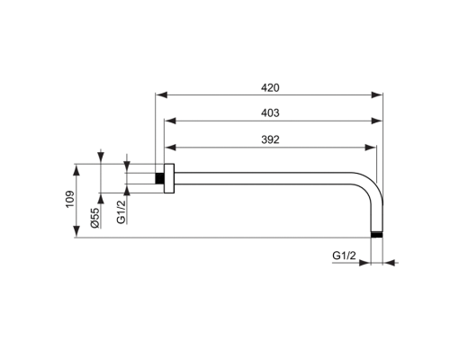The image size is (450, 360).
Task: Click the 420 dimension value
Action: coord(271,87)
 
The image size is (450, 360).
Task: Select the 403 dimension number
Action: coord(271,113)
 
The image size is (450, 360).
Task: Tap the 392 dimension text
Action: coord(271,139)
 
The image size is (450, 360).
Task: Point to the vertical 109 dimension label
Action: coord(71,200)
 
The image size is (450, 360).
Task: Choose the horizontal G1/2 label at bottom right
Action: coord(345,256)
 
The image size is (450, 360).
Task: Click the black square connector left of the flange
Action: coord(160,176)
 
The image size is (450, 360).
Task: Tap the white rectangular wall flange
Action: coord(168,176)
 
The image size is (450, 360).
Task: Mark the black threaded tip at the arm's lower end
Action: coord(377,234)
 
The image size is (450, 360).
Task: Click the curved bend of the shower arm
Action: coord(369,184)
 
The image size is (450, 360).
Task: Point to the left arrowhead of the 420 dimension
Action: coord(160,94)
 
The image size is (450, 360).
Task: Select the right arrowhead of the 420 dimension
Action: coord(381,94)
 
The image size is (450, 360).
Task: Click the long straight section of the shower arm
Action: coord(270,176)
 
